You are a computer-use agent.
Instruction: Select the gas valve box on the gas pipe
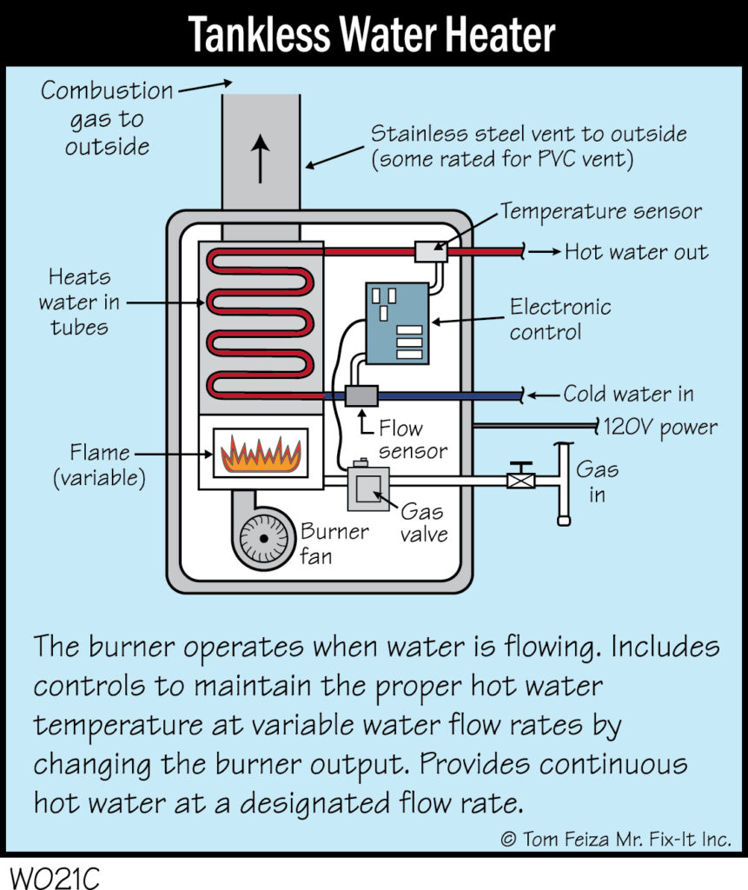click(367, 488)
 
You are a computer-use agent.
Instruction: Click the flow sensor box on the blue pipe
click(360, 395)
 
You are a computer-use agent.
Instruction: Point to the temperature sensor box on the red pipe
click(431, 251)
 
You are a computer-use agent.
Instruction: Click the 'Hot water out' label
click(636, 253)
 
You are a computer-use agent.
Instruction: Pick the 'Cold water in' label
click(628, 395)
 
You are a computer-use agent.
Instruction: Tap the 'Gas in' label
click(598, 482)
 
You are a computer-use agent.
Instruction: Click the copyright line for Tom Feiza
click(615, 839)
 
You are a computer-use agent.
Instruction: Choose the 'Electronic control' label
click(560, 319)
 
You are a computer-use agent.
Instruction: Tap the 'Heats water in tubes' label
click(79, 302)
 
